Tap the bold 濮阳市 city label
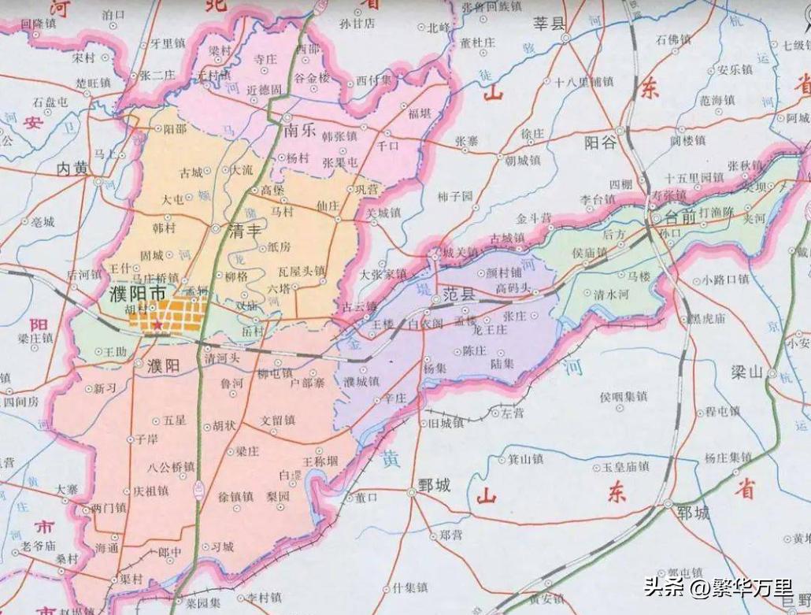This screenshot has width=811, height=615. coord(136,293)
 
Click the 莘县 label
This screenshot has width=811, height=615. coord(551,24)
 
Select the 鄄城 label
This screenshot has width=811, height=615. coord(433,485)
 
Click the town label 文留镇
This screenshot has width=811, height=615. coord(278,420)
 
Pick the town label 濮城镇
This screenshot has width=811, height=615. coord(361,381)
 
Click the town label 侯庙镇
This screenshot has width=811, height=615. coord(591,253)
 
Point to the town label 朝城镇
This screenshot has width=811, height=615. coord(523,160)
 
